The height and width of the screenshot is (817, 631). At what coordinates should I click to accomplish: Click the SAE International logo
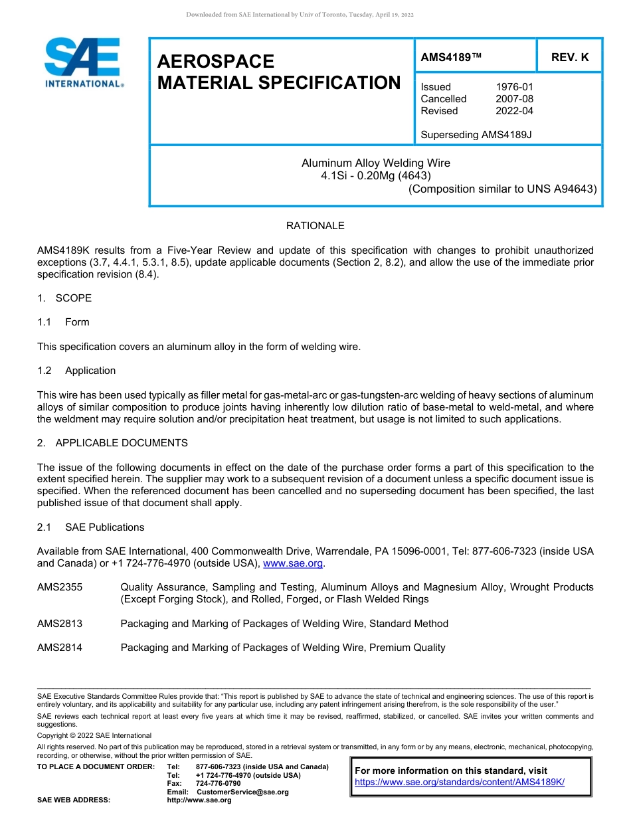[x=83, y=63]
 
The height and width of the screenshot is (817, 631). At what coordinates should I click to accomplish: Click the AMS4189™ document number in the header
[x=451, y=58]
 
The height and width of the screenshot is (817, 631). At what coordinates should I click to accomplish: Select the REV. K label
[x=570, y=58]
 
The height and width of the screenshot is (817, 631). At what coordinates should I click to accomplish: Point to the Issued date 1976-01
[x=514, y=87]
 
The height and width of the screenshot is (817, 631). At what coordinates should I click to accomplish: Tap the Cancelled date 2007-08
[x=514, y=99]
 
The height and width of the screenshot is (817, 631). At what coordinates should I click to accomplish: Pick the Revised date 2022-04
[x=514, y=111]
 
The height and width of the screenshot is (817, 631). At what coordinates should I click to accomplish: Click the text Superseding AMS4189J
[x=476, y=135]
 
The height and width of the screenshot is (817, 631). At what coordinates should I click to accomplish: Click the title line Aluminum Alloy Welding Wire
[x=376, y=163]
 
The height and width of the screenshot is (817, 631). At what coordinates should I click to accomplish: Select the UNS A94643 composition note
[x=502, y=189]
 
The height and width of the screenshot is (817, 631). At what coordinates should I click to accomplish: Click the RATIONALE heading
[x=315, y=226]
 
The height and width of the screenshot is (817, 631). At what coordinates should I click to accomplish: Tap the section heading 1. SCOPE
[x=64, y=298]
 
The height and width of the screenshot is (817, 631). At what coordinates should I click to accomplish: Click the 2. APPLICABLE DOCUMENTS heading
[x=112, y=443]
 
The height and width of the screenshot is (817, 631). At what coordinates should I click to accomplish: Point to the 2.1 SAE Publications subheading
[x=91, y=527]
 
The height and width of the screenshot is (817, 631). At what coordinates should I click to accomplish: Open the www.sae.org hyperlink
[x=293, y=564]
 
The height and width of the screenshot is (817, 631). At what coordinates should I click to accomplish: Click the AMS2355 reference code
[x=60, y=587]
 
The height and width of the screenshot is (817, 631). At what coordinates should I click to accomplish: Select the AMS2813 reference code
[x=60, y=624]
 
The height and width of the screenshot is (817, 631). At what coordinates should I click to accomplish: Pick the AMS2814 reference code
[x=60, y=648]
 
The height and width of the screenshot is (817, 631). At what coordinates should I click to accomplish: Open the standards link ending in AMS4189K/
[x=460, y=782]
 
